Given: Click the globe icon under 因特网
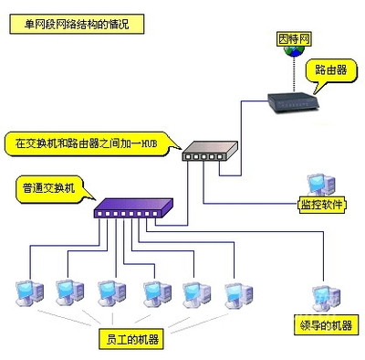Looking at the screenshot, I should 293,54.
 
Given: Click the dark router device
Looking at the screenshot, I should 294,104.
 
